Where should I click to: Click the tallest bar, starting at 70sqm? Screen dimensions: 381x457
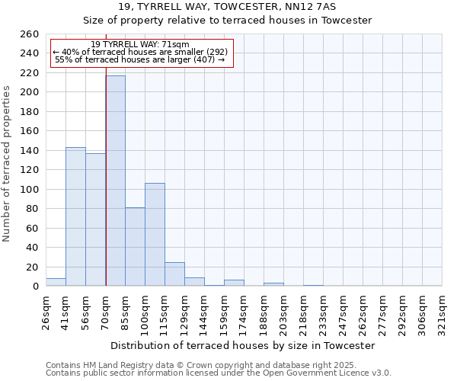[115, 181]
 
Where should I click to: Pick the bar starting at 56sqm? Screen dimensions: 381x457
[95, 219]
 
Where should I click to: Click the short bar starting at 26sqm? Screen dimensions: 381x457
[56, 282]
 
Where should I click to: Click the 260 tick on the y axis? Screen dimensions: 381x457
[30, 34]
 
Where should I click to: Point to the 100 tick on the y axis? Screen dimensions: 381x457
[30, 189]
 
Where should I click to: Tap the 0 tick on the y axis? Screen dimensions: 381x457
[35, 286]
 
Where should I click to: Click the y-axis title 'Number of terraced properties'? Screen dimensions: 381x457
[8, 163]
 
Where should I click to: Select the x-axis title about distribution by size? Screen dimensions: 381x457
[243, 346]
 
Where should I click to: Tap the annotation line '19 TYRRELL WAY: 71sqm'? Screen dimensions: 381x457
[140, 45]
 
